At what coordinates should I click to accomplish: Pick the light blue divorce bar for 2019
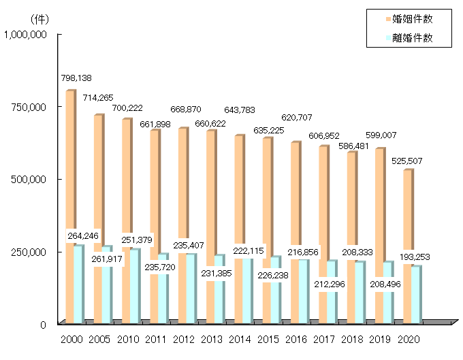pos(386,299)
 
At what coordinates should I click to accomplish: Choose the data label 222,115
pos(251,250)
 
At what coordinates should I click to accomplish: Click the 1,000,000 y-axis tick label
pos(25,34)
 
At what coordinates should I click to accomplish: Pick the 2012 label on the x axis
pos(184,339)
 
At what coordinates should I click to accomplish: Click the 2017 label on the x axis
pos(324,339)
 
